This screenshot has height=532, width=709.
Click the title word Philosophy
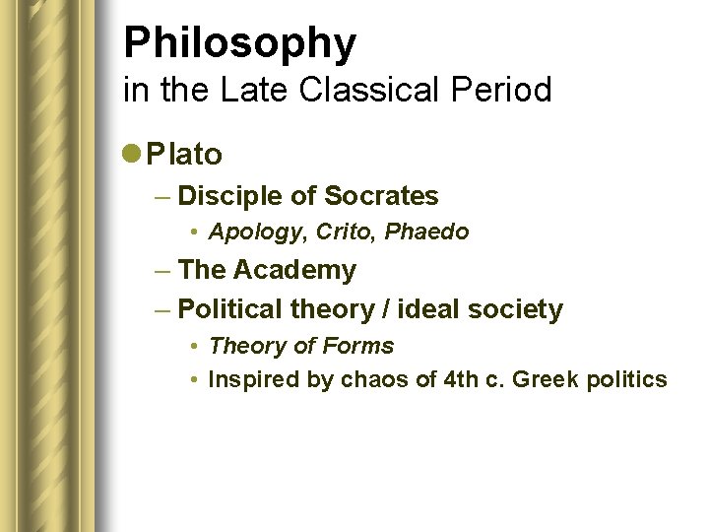tap(239, 43)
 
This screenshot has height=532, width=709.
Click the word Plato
tap(184, 154)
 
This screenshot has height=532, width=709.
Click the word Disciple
tap(231, 196)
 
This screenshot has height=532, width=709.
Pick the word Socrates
tap(381, 196)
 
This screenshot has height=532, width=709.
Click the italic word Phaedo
tap(426, 232)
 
